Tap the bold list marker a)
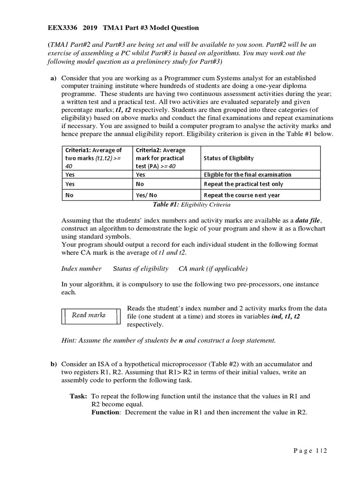pyautogui.click(x=53, y=78)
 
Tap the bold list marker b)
pyautogui.click(x=53, y=364)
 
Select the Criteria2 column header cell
pyautogui.click(x=166, y=158)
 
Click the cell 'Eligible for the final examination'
pyautogui.click(x=247, y=174)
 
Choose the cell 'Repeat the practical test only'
pyautogui.click(x=243, y=184)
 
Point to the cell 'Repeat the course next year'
pyautogui.click(x=241, y=195)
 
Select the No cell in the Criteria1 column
pyautogui.click(x=70, y=195)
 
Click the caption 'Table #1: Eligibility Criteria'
pyautogui.click(x=191, y=204)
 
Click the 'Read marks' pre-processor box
pyautogui.click(x=89, y=315)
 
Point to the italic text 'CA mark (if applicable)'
pyautogui.click(x=213, y=269)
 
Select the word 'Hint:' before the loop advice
pyautogui.click(x=69, y=340)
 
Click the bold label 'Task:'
pyautogui.click(x=78, y=396)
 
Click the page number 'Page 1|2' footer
pyautogui.click(x=310, y=450)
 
